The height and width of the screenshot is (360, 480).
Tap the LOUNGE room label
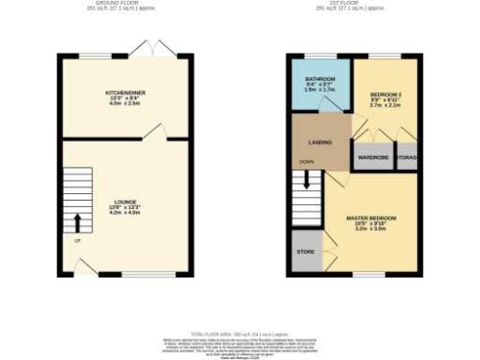[x=126, y=201]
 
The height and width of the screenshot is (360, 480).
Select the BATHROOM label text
[x=321, y=79]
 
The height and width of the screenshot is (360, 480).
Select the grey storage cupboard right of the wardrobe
[x=408, y=157]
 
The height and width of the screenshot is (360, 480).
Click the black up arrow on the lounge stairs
[x=77, y=223]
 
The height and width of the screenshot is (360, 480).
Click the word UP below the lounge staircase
[x=77, y=241]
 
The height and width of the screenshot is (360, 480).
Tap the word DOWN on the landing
[x=306, y=161]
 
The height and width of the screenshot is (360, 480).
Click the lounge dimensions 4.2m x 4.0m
[x=126, y=213]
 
